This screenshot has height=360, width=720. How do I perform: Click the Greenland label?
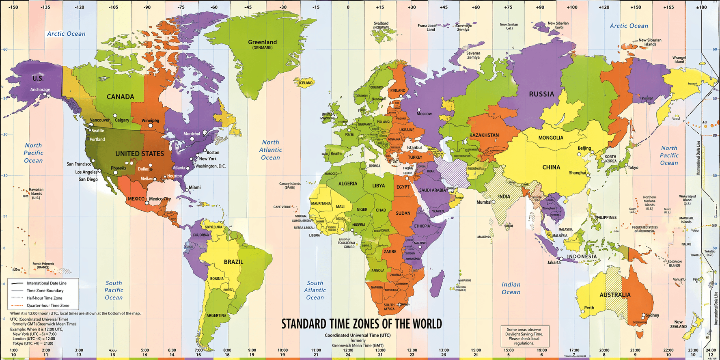(x=262, y=42)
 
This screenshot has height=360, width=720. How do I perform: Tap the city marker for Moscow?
(x=419, y=110)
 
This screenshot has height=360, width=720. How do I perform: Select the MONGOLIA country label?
(x=550, y=138)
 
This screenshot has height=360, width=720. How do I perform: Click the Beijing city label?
(x=584, y=148)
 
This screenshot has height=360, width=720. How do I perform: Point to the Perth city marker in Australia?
(x=583, y=311)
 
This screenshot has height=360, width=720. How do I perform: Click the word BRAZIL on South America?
(x=233, y=262)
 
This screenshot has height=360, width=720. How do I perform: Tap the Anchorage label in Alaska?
(x=40, y=90)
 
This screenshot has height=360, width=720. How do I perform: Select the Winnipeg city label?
(x=150, y=121)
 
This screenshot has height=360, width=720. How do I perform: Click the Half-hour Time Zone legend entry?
(x=45, y=298)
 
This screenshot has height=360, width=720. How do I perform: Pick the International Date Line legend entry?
(x=46, y=283)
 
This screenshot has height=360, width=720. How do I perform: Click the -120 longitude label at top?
(x=80, y=7)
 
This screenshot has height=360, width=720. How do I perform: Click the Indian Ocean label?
(x=511, y=288)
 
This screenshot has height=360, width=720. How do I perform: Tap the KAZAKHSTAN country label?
(x=484, y=135)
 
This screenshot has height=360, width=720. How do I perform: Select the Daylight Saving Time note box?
(x=524, y=336)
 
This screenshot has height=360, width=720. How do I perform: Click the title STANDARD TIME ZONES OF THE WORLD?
(x=361, y=324)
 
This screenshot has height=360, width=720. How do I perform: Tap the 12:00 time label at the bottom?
(x=348, y=350)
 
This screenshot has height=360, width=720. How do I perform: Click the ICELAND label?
(x=306, y=83)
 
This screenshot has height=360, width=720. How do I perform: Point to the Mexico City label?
(x=160, y=199)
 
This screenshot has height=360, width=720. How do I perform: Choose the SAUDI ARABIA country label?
(x=432, y=190)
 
